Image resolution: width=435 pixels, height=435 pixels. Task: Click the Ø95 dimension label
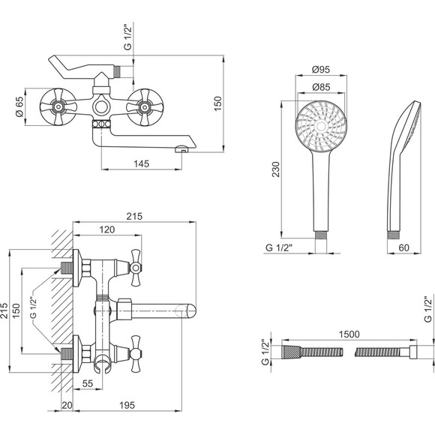click(x=321, y=69)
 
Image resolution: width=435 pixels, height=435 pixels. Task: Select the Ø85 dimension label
click(x=321, y=87)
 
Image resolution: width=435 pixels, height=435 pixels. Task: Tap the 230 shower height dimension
click(x=276, y=169)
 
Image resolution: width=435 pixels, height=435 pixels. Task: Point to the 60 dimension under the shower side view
click(x=403, y=247)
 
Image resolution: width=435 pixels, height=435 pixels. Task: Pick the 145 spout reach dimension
click(x=142, y=163)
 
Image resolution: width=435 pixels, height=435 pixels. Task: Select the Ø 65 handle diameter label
click(x=19, y=106)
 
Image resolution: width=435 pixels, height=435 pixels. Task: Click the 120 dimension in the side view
click(x=107, y=229)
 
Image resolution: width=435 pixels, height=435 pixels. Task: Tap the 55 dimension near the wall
click(x=88, y=384)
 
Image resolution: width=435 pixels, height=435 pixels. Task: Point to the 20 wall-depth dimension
click(x=67, y=405)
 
